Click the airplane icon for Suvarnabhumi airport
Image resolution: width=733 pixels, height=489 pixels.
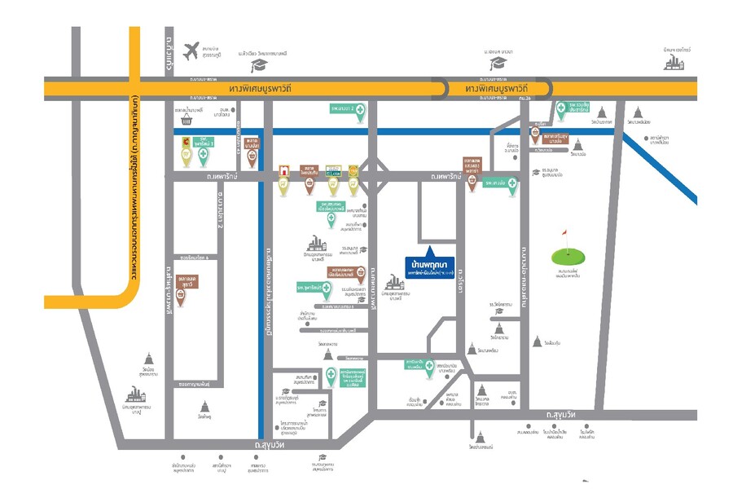click(x=192, y=51)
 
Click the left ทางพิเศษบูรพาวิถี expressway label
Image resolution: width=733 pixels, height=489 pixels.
click(x=261, y=87)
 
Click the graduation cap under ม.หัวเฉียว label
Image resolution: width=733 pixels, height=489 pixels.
click(x=259, y=65)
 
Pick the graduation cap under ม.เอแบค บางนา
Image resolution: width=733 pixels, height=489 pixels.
click(x=496, y=63)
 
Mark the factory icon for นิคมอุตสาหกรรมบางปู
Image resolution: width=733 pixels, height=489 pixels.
click(x=134, y=394)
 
